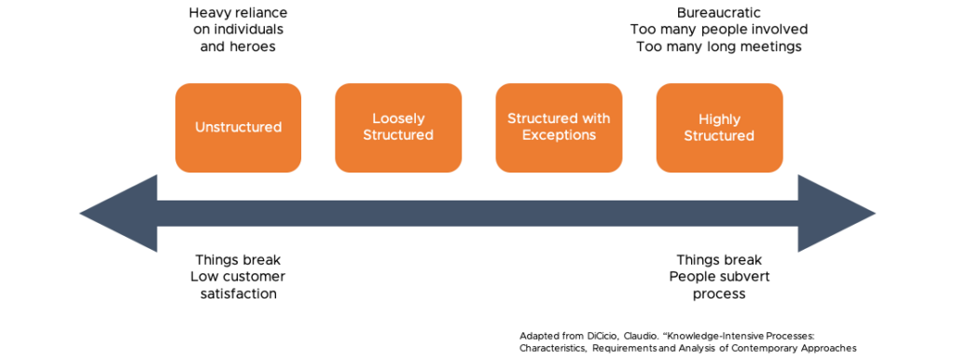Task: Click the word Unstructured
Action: click(238, 128)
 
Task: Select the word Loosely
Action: click(398, 119)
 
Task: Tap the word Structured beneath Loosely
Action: click(398, 135)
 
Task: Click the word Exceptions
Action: click(559, 135)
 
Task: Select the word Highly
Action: click(719, 119)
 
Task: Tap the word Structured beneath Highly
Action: click(719, 136)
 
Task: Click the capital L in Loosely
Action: click(376, 119)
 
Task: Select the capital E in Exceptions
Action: click(526, 135)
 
